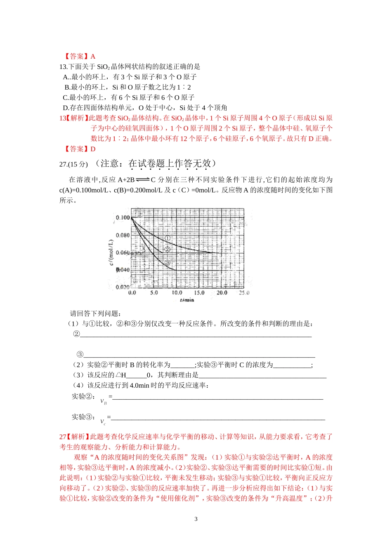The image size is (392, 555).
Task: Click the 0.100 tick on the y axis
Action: (123, 218)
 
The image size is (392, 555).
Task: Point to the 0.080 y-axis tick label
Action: (123, 235)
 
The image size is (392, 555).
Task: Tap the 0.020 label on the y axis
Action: (123, 287)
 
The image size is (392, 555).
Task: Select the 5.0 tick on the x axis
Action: (154, 293)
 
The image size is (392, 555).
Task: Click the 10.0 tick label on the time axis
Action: (177, 293)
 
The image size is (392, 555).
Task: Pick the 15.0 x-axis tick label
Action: (199, 293)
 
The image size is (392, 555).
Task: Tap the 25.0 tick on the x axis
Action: (244, 293)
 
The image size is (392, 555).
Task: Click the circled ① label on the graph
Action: (168, 238)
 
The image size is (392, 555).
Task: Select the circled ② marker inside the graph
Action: (167, 249)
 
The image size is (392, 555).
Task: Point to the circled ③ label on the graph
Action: (167, 263)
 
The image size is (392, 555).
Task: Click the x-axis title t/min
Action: (187, 300)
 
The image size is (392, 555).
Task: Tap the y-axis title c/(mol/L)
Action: (111, 252)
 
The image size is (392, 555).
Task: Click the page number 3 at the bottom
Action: (196, 519)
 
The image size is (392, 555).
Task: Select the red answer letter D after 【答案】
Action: (93, 149)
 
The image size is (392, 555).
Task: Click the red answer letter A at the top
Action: (93, 57)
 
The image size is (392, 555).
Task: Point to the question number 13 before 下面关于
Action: (63, 67)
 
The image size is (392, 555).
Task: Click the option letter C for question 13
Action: (65, 97)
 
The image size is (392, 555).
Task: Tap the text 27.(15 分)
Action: (74, 164)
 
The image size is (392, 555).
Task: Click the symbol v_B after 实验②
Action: (103, 401)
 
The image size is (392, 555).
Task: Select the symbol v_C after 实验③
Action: (103, 422)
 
